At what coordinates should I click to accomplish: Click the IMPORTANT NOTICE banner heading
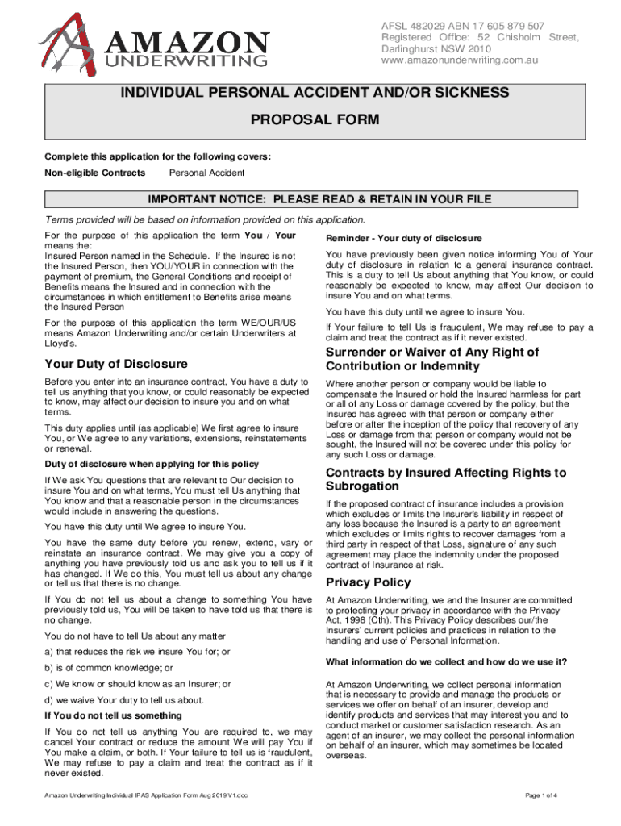(x=319, y=200)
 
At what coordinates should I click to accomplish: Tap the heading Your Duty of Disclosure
(x=116, y=364)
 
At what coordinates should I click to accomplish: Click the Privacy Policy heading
(x=368, y=582)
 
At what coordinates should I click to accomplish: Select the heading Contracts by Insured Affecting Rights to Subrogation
(x=445, y=479)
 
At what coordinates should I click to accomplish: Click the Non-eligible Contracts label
(x=95, y=173)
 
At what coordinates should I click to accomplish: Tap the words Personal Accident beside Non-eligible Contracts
(x=206, y=173)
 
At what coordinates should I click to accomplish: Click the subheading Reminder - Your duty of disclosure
(x=403, y=238)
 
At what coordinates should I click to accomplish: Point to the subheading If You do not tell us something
(x=113, y=715)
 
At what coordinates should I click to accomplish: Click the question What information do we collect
(x=446, y=662)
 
